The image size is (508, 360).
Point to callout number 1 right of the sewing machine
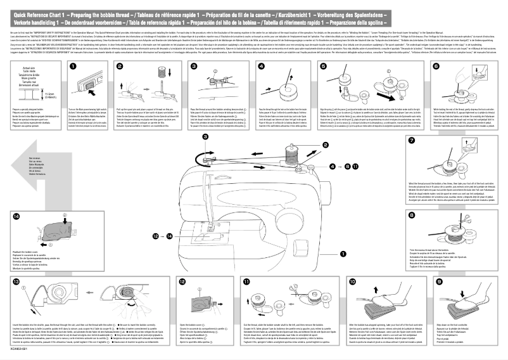(343, 254)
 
